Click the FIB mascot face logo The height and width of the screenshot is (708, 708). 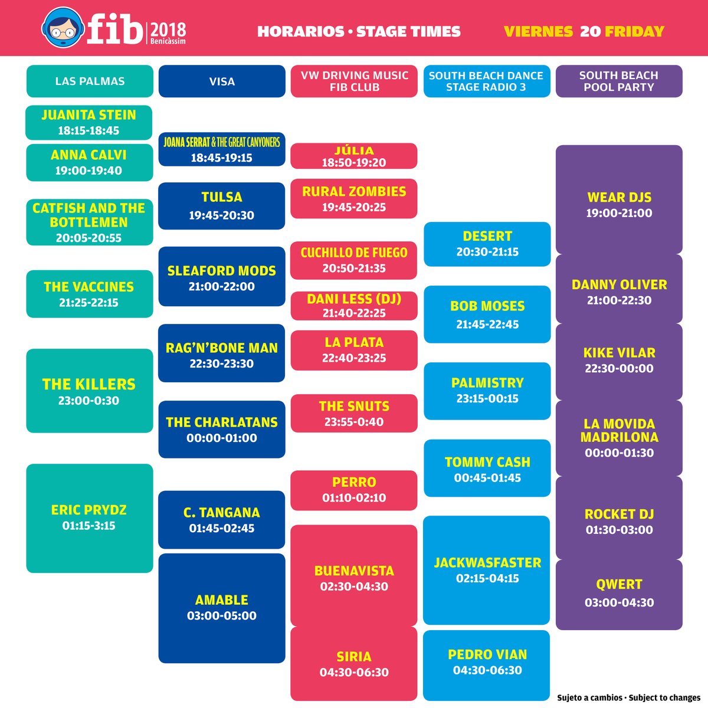tap(61, 28)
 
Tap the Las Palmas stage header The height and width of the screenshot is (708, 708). tap(90, 81)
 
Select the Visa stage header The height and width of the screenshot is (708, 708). tap(222, 81)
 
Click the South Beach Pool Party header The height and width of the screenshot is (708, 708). tap(619, 81)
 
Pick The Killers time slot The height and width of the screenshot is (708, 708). tap(89, 391)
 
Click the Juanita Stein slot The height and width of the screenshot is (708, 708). tap(89, 122)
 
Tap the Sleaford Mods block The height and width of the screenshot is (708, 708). tap(222, 277)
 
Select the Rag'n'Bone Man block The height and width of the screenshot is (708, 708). tap(222, 354)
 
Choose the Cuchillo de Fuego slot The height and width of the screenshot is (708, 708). tap(354, 260)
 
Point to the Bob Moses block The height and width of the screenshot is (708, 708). tap(487, 314)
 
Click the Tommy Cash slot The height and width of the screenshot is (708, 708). tap(487, 469)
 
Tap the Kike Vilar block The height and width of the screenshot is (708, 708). tap(619, 360)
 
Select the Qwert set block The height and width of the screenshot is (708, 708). tap(619, 593)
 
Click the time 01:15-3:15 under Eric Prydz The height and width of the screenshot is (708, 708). tap(89, 526)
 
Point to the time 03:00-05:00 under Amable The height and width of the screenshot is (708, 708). tap(222, 616)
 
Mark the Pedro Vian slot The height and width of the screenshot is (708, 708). tap(487, 662)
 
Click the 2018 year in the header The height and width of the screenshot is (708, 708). tap(168, 29)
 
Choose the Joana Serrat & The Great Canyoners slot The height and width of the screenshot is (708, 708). tap(222, 149)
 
